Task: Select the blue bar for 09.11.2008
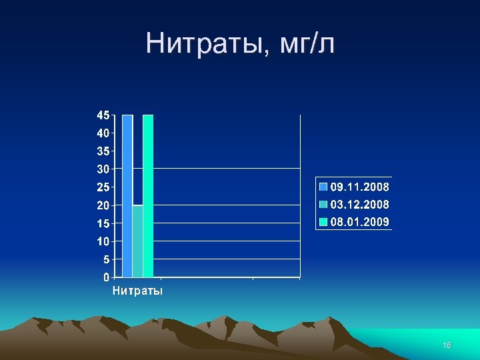(127, 195)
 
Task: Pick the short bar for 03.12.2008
(137, 241)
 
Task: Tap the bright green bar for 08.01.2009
(148, 195)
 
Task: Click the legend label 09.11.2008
(360, 187)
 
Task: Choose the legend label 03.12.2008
(360, 204)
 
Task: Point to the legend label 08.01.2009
(360, 221)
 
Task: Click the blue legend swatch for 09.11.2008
(323, 187)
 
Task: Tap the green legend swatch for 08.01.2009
(323, 221)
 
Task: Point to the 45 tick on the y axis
(103, 115)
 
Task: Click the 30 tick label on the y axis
(103, 169)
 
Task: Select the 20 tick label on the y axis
(103, 205)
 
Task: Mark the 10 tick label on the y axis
(103, 241)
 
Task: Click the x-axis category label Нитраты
(137, 291)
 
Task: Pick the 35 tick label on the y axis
(103, 151)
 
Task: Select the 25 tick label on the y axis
(103, 187)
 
